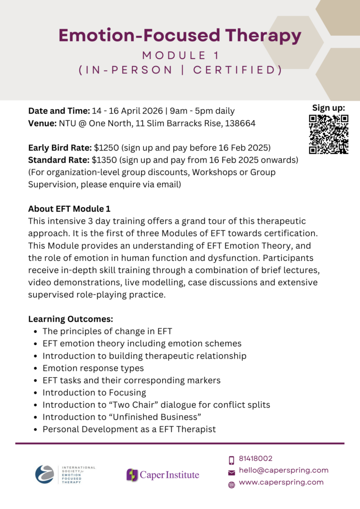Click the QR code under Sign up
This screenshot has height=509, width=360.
329,134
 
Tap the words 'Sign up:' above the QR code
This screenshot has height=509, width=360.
328,108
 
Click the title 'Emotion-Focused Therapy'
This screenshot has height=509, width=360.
180,35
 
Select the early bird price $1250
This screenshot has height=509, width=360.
106,148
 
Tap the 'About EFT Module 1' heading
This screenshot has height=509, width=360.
73,209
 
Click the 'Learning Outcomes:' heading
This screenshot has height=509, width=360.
71,319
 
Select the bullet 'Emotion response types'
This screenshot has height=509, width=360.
93,368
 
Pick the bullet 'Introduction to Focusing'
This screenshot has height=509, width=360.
94,393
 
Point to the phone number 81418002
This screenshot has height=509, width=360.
256,459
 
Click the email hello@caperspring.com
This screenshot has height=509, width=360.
283,470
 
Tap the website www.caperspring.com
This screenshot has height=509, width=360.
281,482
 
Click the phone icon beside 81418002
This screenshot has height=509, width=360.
231,460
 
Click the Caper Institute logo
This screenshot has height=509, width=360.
163,475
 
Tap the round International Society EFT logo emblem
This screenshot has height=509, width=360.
45,474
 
